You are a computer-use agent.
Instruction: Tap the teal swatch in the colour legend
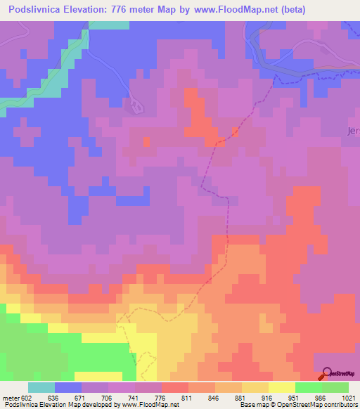41,387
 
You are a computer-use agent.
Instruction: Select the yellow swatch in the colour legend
281,387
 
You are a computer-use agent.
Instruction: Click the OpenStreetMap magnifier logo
327,374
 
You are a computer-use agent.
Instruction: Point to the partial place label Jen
353,131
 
